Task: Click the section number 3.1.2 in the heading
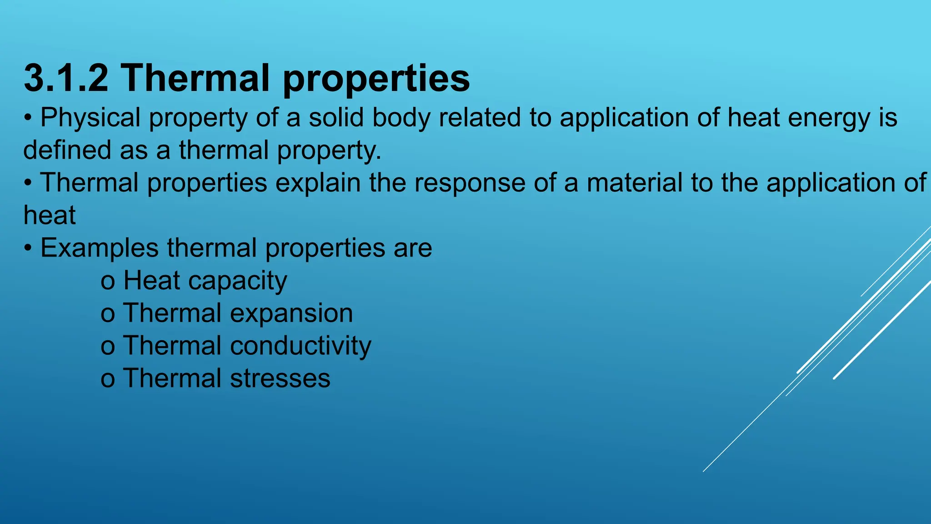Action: tap(66, 78)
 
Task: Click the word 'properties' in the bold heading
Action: tap(376, 79)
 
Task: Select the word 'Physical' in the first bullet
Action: tap(90, 118)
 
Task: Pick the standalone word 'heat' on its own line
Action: tap(50, 215)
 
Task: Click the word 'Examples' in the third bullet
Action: tap(100, 249)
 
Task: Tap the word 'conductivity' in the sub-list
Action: tap(300, 346)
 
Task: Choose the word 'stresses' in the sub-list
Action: tap(280, 379)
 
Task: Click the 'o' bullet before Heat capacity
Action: tap(107, 282)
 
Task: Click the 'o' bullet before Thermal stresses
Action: tap(107, 380)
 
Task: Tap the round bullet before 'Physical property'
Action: tap(28, 118)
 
